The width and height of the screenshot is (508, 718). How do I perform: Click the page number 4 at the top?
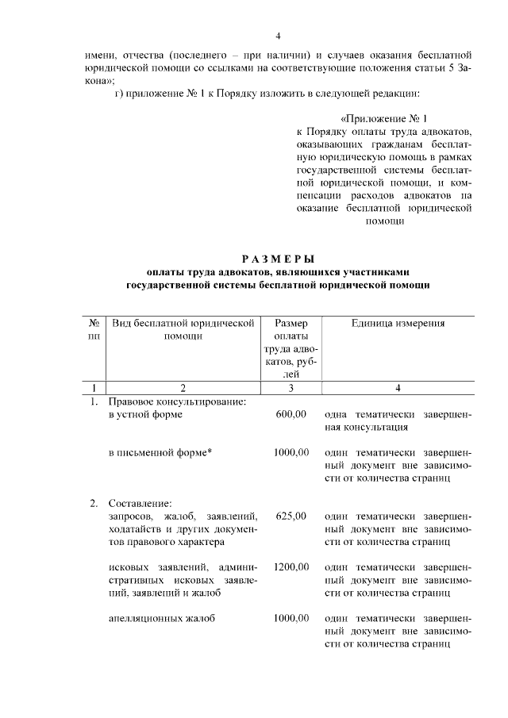279,36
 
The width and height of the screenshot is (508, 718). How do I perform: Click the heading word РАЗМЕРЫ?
278,259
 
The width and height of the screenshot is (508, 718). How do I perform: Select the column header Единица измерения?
398,323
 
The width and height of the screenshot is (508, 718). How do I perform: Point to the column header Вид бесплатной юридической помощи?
183,329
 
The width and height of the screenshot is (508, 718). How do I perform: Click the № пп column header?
94,329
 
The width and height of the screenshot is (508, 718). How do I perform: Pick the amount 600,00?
291,414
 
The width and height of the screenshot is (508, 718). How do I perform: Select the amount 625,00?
291,516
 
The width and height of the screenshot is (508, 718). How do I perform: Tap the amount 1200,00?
291,567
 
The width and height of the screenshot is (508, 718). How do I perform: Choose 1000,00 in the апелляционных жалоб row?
291,618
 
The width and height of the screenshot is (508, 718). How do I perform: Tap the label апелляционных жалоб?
162,618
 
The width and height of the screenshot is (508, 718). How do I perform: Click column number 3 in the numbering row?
291,388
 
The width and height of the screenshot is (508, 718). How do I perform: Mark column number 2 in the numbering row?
183,388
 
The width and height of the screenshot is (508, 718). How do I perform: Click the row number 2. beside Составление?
94,503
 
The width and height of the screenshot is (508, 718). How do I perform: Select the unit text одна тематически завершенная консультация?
398,420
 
